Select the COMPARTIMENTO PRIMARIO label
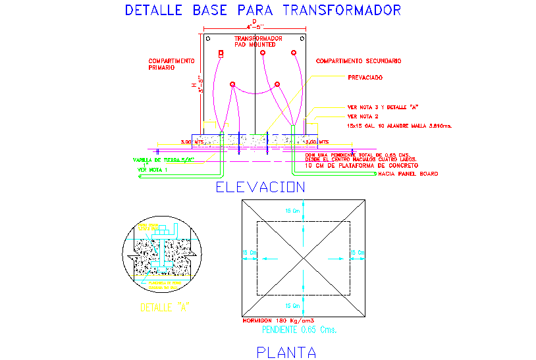tap(171, 64)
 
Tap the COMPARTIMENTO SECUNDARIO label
tap(358, 61)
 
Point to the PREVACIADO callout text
tap(365, 78)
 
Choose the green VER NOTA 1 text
tap(153, 170)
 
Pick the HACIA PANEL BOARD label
tap(408, 174)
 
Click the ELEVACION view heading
tap(261, 188)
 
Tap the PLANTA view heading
tap(286, 352)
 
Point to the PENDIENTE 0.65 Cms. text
tap(299, 330)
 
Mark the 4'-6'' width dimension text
tap(255, 27)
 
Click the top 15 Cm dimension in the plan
tap(291, 211)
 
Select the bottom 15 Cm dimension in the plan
tap(291, 305)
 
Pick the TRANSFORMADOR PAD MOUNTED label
tap(258, 41)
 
